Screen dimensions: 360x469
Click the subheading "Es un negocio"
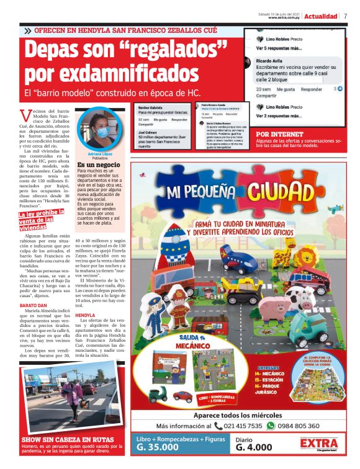[x=99, y=165]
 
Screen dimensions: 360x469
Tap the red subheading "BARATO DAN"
[x=34, y=306]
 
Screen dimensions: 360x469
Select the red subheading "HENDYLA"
[x=85, y=315]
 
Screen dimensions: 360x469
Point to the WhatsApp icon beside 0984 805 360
[x=271, y=426]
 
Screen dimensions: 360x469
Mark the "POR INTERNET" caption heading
[x=279, y=134]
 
